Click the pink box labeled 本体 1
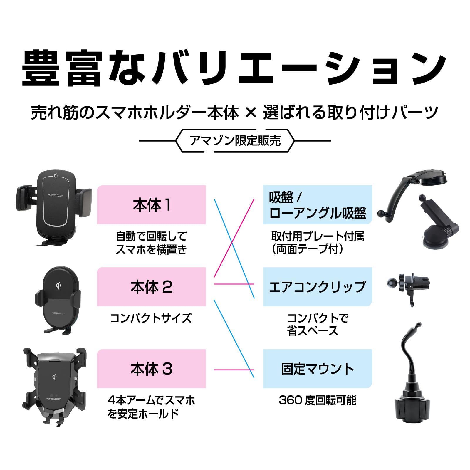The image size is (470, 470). pos(151,205)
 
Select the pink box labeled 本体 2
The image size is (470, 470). pos(151,287)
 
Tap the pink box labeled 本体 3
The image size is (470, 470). pos(151,369)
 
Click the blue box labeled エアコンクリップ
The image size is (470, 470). pos(317,287)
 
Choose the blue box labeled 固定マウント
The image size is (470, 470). pos(317,369)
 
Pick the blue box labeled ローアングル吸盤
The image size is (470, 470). pos(317,205)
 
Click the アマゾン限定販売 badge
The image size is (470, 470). pos(235,141)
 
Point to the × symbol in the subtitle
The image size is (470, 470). pos(251,112)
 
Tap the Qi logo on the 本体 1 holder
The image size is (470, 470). pos(56,176)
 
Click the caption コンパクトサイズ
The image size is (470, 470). pos(151,318)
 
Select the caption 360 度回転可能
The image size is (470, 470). pos(318,400)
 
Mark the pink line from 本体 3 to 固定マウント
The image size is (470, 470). pos(234,370)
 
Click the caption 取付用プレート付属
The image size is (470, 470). pos(318,236)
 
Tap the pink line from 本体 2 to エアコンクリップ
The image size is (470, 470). pos(234,284)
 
